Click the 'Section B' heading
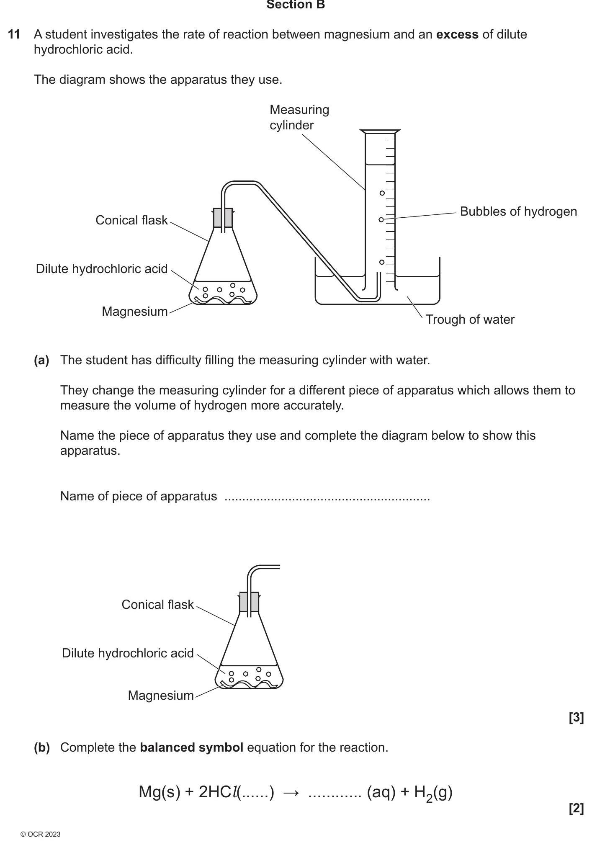click(296, 5)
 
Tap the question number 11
click(14, 34)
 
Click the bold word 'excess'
click(457, 34)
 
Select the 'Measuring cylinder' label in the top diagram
click(299, 117)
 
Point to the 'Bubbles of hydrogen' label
click(518, 211)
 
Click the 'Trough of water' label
click(470, 319)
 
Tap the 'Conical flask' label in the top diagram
click(131, 220)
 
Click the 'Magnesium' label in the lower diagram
click(161, 696)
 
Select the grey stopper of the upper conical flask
click(223, 218)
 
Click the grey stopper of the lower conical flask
click(249, 602)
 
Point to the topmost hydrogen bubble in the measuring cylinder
click(382, 193)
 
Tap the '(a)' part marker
click(41, 360)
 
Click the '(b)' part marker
click(41, 747)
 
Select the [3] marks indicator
click(576, 718)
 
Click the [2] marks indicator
click(576, 808)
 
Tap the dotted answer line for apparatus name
click(327, 497)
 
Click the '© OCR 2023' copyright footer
click(40, 834)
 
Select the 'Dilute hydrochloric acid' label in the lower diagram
click(128, 653)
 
